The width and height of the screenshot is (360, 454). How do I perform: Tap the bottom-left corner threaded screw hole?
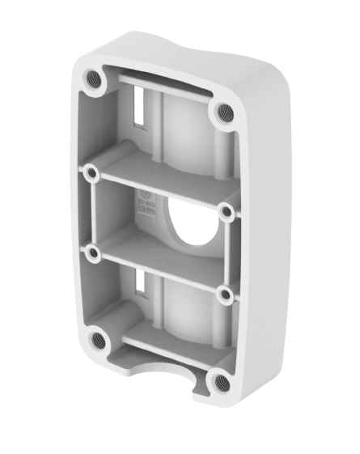coord(98,340)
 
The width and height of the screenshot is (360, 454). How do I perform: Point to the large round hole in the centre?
coord(192,223)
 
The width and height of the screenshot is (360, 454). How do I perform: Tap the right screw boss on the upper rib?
coord(227,211)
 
